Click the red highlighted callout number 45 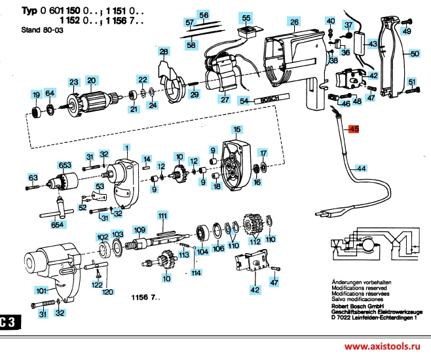(354, 129)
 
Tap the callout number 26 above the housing (294, 22)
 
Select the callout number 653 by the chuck (65, 165)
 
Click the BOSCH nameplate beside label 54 (272, 98)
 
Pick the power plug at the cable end (330, 212)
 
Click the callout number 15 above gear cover (237, 129)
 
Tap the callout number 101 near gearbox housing (41, 290)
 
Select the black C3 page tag (10, 322)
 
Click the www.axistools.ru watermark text (383, 346)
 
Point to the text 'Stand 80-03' (42, 30)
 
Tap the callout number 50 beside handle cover (415, 53)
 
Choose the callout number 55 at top (246, 18)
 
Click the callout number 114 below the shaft (196, 273)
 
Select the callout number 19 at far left (36, 95)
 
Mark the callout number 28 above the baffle (164, 51)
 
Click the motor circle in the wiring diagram (367, 244)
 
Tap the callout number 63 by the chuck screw (33, 178)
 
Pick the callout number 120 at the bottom (107, 292)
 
